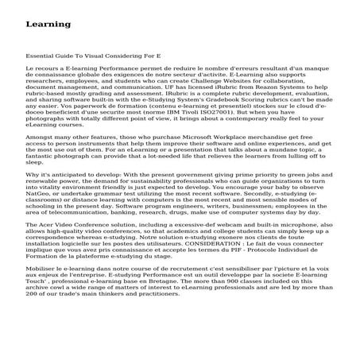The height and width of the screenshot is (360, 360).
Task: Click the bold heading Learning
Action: pos(48,25)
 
